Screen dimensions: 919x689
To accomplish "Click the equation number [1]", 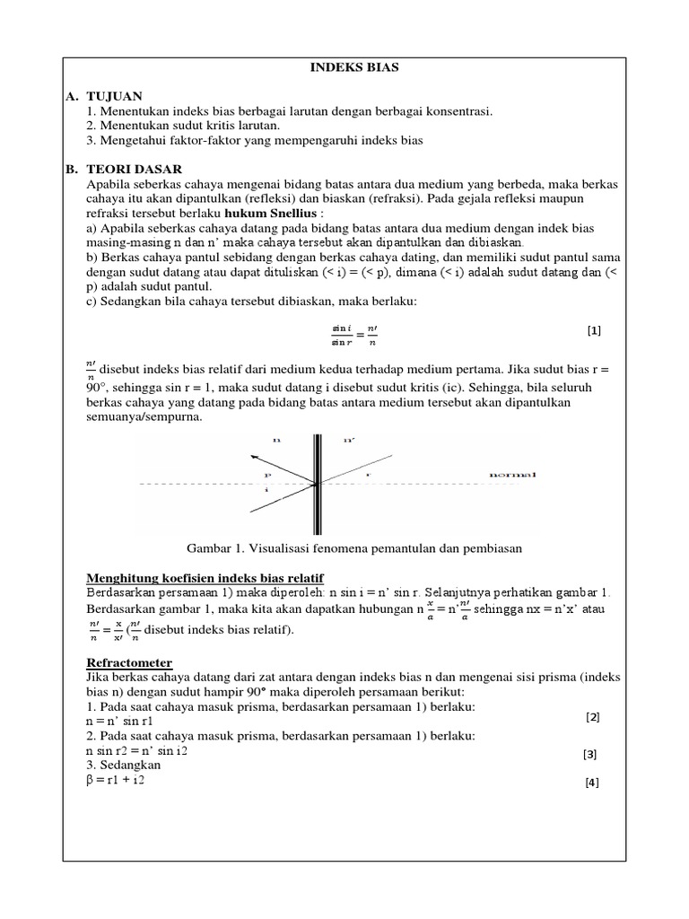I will tap(594, 330).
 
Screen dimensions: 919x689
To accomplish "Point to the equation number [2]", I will tap(592, 717).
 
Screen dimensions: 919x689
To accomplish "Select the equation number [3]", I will tap(590, 755).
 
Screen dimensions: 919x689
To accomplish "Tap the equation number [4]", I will tap(591, 783).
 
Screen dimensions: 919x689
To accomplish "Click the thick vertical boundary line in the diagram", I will tap(317, 485).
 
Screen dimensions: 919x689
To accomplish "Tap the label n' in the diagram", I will tap(349, 441).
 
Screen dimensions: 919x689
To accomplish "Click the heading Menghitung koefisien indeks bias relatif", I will tap(205, 576).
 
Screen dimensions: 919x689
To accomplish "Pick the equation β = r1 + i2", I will tap(116, 781).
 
